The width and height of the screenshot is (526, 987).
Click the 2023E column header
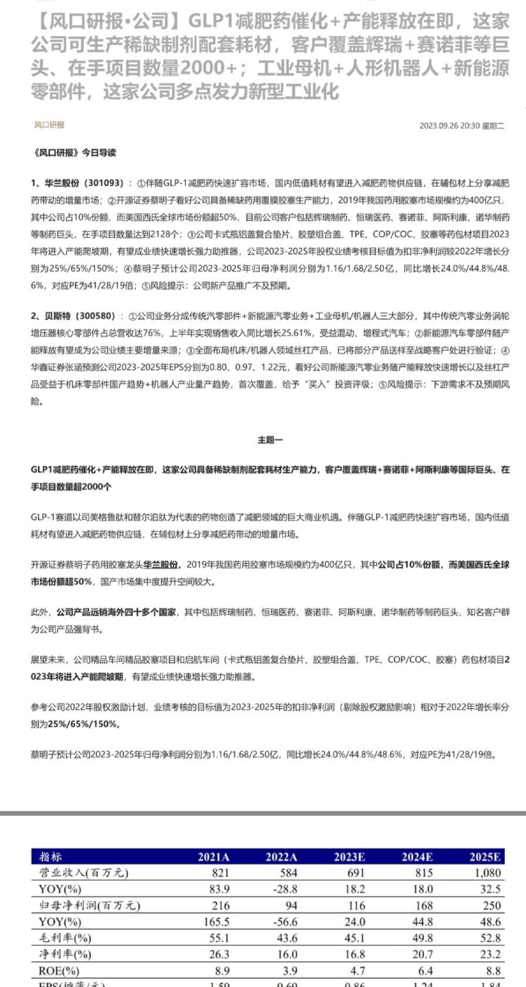[x=349, y=857]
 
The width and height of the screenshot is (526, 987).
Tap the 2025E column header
[x=485, y=857]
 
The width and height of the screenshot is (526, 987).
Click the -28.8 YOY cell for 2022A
[x=285, y=889]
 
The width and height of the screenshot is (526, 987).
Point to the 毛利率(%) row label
[x=65, y=938]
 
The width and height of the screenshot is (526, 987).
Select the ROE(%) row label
[x=58, y=971]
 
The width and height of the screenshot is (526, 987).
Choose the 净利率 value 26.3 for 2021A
[x=218, y=954]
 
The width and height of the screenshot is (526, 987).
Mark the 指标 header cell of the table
[x=50, y=857]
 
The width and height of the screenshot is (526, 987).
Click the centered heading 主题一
[x=270, y=439]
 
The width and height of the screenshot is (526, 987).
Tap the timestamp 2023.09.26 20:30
[x=450, y=125]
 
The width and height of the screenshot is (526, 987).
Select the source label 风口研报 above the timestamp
[x=49, y=125]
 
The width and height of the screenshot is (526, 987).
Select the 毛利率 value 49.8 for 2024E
[x=423, y=938]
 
